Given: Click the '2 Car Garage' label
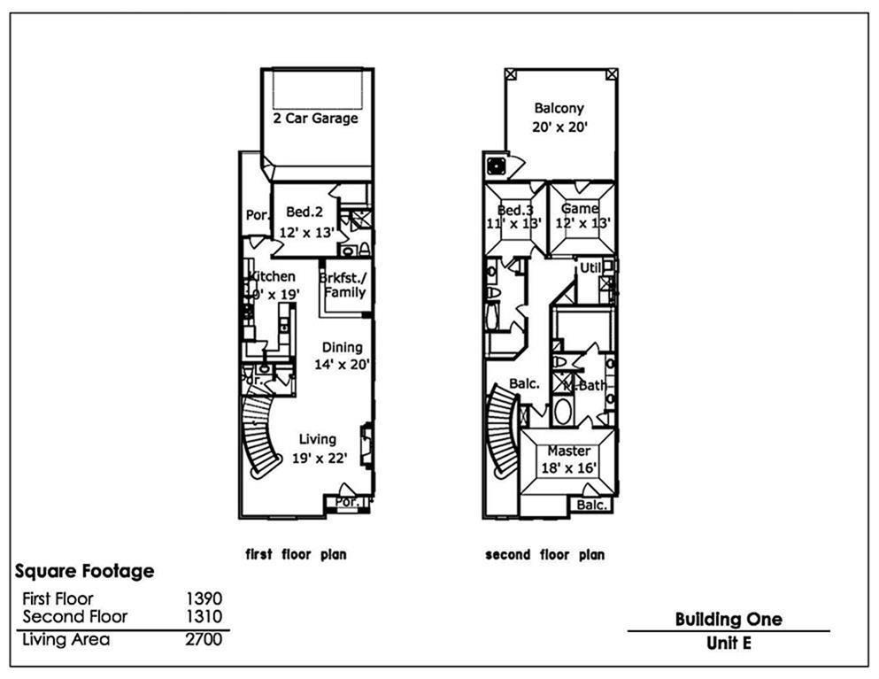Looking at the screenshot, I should click(x=315, y=118).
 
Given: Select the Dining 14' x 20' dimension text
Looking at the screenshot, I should click(x=342, y=364).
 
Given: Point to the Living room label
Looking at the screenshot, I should click(x=317, y=439).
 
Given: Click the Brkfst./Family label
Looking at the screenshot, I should click(x=343, y=284).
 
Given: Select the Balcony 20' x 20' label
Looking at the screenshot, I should click(x=559, y=118).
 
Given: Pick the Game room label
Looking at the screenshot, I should click(x=580, y=209).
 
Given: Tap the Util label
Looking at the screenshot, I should click(x=590, y=267).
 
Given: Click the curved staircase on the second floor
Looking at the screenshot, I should click(x=504, y=434).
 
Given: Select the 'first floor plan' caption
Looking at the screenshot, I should click(x=296, y=555).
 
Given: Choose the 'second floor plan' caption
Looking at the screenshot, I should click(x=544, y=555).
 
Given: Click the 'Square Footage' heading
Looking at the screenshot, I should click(x=84, y=571).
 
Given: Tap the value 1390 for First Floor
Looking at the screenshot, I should click(x=204, y=599).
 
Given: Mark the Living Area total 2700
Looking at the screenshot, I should click(x=204, y=639).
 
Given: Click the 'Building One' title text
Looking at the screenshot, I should click(x=728, y=619).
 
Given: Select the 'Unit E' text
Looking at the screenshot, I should click(x=729, y=644).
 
